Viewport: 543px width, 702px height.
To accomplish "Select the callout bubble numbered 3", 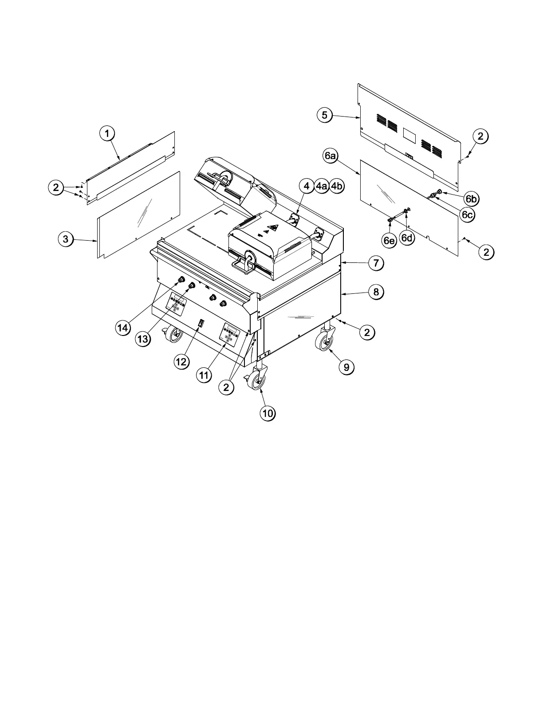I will pyautogui.click(x=65, y=239).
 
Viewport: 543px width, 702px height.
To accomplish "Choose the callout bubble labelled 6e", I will pyautogui.click(x=389, y=240).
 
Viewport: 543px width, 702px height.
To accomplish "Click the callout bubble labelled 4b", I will pyautogui.click(x=337, y=186).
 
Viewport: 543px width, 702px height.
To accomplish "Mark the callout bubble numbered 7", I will pyautogui.click(x=375, y=263).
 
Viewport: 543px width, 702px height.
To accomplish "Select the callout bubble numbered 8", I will pyautogui.click(x=375, y=292).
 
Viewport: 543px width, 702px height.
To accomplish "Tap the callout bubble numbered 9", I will pyautogui.click(x=346, y=367).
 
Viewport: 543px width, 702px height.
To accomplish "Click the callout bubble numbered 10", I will pyautogui.click(x=267, y=413).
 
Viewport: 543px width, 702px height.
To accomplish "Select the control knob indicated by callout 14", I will pyautogui.click(x=181, y=280).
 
